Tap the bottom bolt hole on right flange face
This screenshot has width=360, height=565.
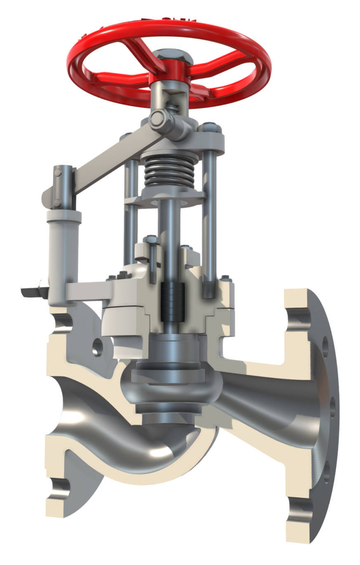326,470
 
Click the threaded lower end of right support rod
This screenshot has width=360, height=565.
208,289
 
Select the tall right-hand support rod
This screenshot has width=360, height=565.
209,206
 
